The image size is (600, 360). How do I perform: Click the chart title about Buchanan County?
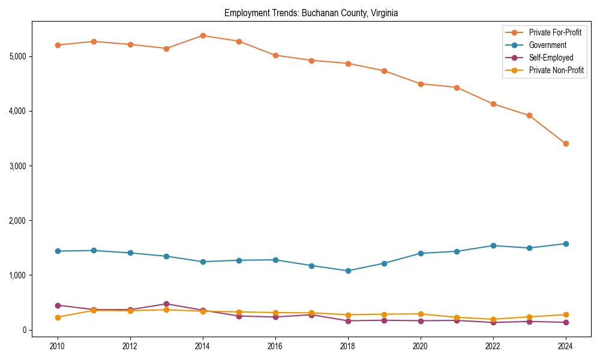311,13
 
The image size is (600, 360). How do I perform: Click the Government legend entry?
547,45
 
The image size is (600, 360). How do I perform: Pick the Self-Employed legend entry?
551,58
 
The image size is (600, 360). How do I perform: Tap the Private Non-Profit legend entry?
556,70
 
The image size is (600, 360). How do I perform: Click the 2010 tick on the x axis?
58,346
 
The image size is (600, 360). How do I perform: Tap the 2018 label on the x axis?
348,346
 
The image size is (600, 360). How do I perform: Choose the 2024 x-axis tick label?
566,346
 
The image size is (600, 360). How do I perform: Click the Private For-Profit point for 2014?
203,35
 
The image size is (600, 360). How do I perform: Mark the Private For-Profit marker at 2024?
566,143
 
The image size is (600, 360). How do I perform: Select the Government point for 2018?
348,271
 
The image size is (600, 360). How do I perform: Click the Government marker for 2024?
566,244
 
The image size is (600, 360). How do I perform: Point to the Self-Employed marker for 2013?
166,304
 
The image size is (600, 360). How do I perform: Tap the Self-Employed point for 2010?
58,305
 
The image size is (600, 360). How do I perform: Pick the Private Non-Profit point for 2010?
58,317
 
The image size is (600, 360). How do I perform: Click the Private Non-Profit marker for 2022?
493,319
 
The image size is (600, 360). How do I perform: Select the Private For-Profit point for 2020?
421,84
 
